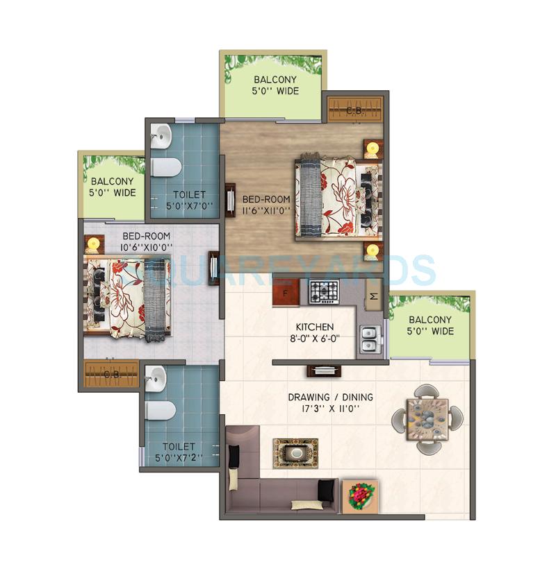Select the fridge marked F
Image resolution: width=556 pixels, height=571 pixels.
point(286,291)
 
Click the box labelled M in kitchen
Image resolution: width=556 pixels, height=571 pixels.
point(373,296)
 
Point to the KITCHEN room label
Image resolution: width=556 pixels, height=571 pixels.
point(315,327)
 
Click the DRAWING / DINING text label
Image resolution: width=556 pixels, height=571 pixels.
point(330,398)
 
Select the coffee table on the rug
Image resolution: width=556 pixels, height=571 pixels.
point(295,452)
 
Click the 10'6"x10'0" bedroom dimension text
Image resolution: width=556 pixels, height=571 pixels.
point(147,246)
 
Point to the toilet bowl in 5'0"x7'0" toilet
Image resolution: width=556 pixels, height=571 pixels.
point(166,167)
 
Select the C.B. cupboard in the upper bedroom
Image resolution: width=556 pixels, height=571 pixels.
point(355,109)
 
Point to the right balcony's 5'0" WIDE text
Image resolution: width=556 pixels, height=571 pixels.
point(431,331)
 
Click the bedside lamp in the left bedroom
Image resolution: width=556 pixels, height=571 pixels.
point(93,244)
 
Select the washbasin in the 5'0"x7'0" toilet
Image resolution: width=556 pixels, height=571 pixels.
point(161,137)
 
